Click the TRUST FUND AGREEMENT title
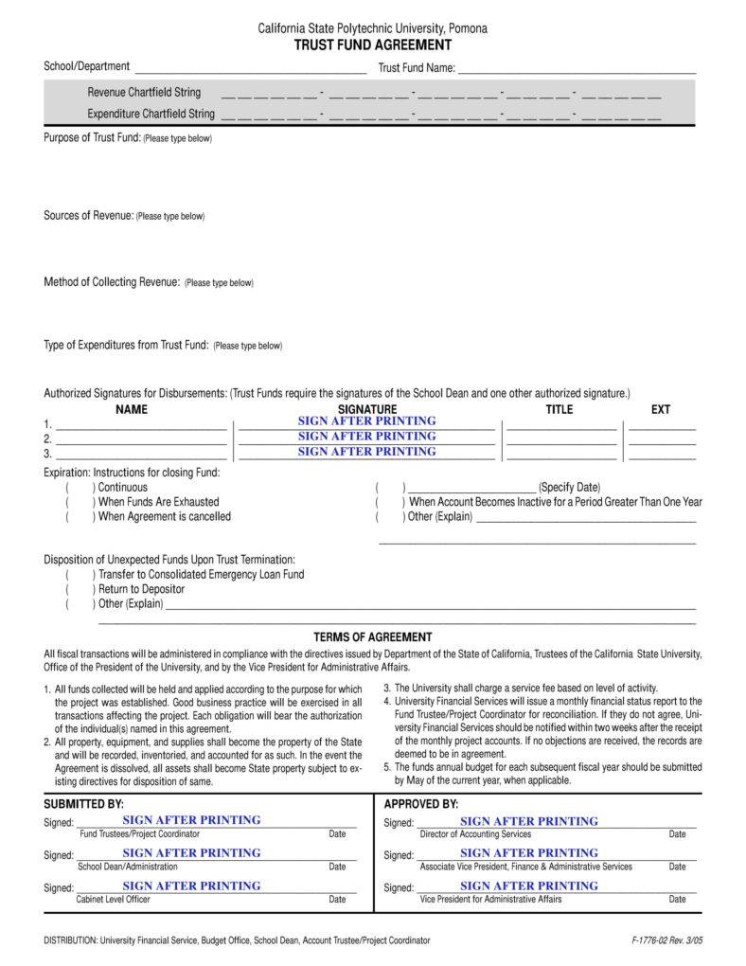[x=372, y=45]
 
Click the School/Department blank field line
[x=250, y=70]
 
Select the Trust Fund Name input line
[x=577, y=70]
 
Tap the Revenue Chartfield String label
[x=144, y=93]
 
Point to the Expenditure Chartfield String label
[x=151, y=114]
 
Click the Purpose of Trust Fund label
[x=92, y=138]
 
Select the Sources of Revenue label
[x=88, y=216]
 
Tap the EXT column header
[x=661, y=409]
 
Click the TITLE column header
[x=559, y=409]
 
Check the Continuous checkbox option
[x=80, y=488]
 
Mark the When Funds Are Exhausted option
[x=80, y=502]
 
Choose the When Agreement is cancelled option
[x=80, y=517]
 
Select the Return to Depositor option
[x=80, y=589]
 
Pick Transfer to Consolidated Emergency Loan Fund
[x=80, y=575]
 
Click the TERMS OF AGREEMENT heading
[x=372, y=637]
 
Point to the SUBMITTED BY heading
[x=84, y=803]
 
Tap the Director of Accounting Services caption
[x=475, y=834]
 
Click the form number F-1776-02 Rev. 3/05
[x=666, y=940]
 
